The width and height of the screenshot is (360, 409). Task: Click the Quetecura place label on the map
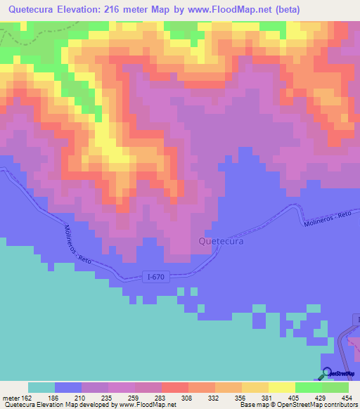click(x=221, y=241)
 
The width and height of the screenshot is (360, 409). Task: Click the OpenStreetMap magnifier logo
click(x=326, y=373)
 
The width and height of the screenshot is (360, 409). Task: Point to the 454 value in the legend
click(x=347, y=398)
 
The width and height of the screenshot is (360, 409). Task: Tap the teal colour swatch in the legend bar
click(x=41, y=387)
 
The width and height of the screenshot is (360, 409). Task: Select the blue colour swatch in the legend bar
click(x=68, y=387)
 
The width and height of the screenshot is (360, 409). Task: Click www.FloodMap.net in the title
click(x=246, y=10)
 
